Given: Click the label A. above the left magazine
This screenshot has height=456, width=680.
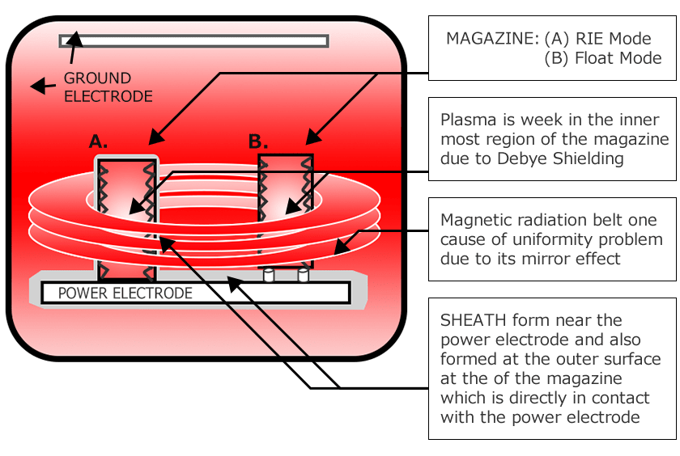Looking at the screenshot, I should [98, 141].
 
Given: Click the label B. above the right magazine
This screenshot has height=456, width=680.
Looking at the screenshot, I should [257, 141].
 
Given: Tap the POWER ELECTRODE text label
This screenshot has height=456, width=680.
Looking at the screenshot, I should [125, 293].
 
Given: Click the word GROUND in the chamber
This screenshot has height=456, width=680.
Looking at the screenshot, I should [97, 78].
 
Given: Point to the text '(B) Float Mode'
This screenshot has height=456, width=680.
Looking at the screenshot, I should [604, 58].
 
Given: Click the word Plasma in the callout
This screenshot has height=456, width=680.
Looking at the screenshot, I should [465, 120].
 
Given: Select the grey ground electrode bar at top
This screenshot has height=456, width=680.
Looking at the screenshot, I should [194, 40].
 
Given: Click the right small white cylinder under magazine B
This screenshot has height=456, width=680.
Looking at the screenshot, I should [304, 276].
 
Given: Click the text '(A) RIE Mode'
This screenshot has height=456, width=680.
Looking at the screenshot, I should [597, 38].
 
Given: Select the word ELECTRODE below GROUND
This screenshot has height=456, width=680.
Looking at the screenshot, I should [108, 96].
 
